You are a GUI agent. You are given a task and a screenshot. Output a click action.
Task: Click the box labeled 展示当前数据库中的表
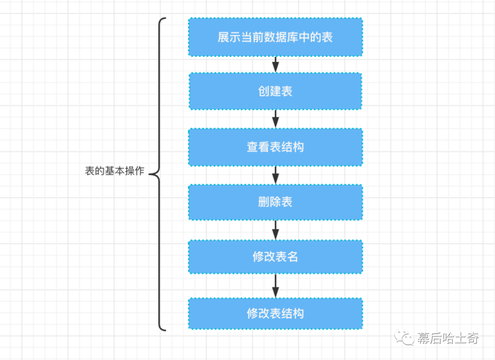click(x=275, y=37)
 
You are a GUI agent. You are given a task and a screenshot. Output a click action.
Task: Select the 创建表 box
click(x=275, y=91)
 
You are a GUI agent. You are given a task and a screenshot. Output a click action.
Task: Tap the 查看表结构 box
click(x=275, y=147)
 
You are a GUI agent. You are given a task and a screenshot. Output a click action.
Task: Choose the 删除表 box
click(x=275, y=202)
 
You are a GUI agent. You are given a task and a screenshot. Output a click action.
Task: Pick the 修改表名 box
click(x=275, y=257)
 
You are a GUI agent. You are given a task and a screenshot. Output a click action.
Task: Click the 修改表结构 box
click(x=275, y=314)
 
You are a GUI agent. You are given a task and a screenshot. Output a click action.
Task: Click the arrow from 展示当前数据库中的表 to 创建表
click(x=275, y=65)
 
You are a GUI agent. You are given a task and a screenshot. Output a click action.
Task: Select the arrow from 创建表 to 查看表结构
click(x=275, y=119)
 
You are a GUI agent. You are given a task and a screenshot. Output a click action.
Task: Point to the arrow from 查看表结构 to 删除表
click(x=275, y=175)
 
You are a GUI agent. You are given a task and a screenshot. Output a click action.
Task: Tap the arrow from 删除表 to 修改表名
click(x=275, y=230)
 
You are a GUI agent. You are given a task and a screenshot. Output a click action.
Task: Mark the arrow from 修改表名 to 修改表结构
click(x=275, y=286)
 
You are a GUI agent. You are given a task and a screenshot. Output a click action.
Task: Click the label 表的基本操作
click(x=115, y=171)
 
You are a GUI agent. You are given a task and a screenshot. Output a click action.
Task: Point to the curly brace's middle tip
click(x=149, y=174)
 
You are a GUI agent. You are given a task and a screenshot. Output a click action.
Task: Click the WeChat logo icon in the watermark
click(x=404, y=338)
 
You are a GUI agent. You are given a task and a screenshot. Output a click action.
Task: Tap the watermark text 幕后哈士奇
click(x=448, y=338)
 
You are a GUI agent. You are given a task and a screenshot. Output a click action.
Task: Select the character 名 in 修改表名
click(x=292, y=257)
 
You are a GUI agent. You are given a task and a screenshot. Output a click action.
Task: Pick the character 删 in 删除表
click(x=264, y=202)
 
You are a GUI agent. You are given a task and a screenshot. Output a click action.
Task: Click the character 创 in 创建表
click(x=264, y=91)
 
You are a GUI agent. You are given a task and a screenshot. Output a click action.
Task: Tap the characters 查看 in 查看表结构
click(x=258, y=147)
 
